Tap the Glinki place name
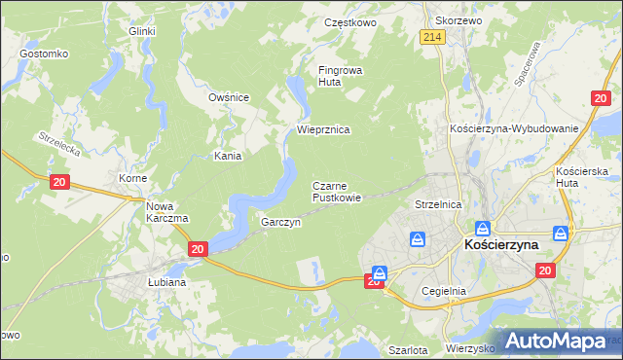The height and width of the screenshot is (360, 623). [143, 31]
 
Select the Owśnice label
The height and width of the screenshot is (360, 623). [230, 97]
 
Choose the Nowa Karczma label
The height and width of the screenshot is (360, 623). [166, 212]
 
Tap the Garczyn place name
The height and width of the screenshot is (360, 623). [280, 222]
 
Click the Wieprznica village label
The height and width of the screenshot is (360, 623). [322, 129]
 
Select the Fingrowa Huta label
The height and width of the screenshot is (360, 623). [339, 76]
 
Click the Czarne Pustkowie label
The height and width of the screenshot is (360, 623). [337, 191]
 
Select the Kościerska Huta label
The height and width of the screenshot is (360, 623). [580, 176]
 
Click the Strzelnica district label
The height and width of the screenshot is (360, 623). [437, 205]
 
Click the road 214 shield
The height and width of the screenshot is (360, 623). [433, 37]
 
